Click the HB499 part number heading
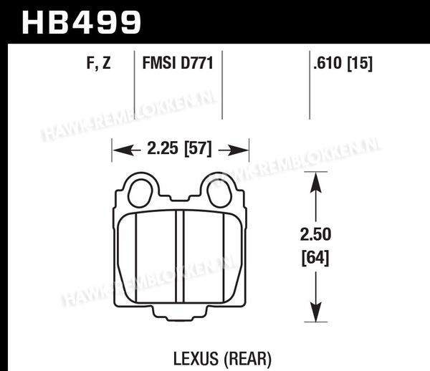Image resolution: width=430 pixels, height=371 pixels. (82, 22)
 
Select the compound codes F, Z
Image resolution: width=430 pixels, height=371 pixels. (99, 63)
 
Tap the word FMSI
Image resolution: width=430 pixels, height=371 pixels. (159, 63)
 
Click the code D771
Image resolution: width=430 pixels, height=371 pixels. (196, 63)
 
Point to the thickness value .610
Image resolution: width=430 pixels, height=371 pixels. (328, 63)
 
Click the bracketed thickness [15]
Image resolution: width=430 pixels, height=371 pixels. (360, 63)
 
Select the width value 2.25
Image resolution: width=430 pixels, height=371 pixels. (163, 148)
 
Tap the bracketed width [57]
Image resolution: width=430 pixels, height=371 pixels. (199, 148)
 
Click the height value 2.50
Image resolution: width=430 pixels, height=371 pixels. (315, 234)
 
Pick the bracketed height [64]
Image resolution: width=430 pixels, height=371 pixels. (315, 258)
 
